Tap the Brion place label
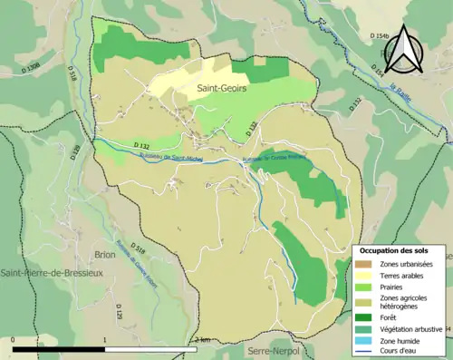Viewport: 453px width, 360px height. (105, 255)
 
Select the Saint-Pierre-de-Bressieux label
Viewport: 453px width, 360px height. (52, 273)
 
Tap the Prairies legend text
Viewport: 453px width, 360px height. (392, 286)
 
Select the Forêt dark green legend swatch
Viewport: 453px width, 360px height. (362, 317)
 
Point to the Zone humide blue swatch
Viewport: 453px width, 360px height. (362, 339)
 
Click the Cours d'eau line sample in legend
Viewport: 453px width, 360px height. (362, 350)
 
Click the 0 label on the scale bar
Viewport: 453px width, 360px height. (13, 338)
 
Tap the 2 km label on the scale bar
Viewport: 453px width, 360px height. (203, 338)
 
